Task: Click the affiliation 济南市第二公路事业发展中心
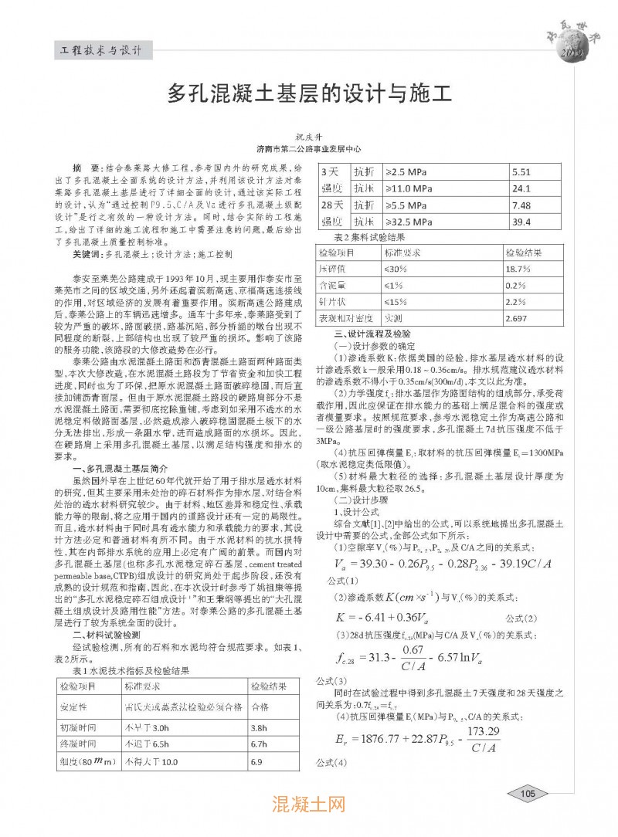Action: click(308, 148)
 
